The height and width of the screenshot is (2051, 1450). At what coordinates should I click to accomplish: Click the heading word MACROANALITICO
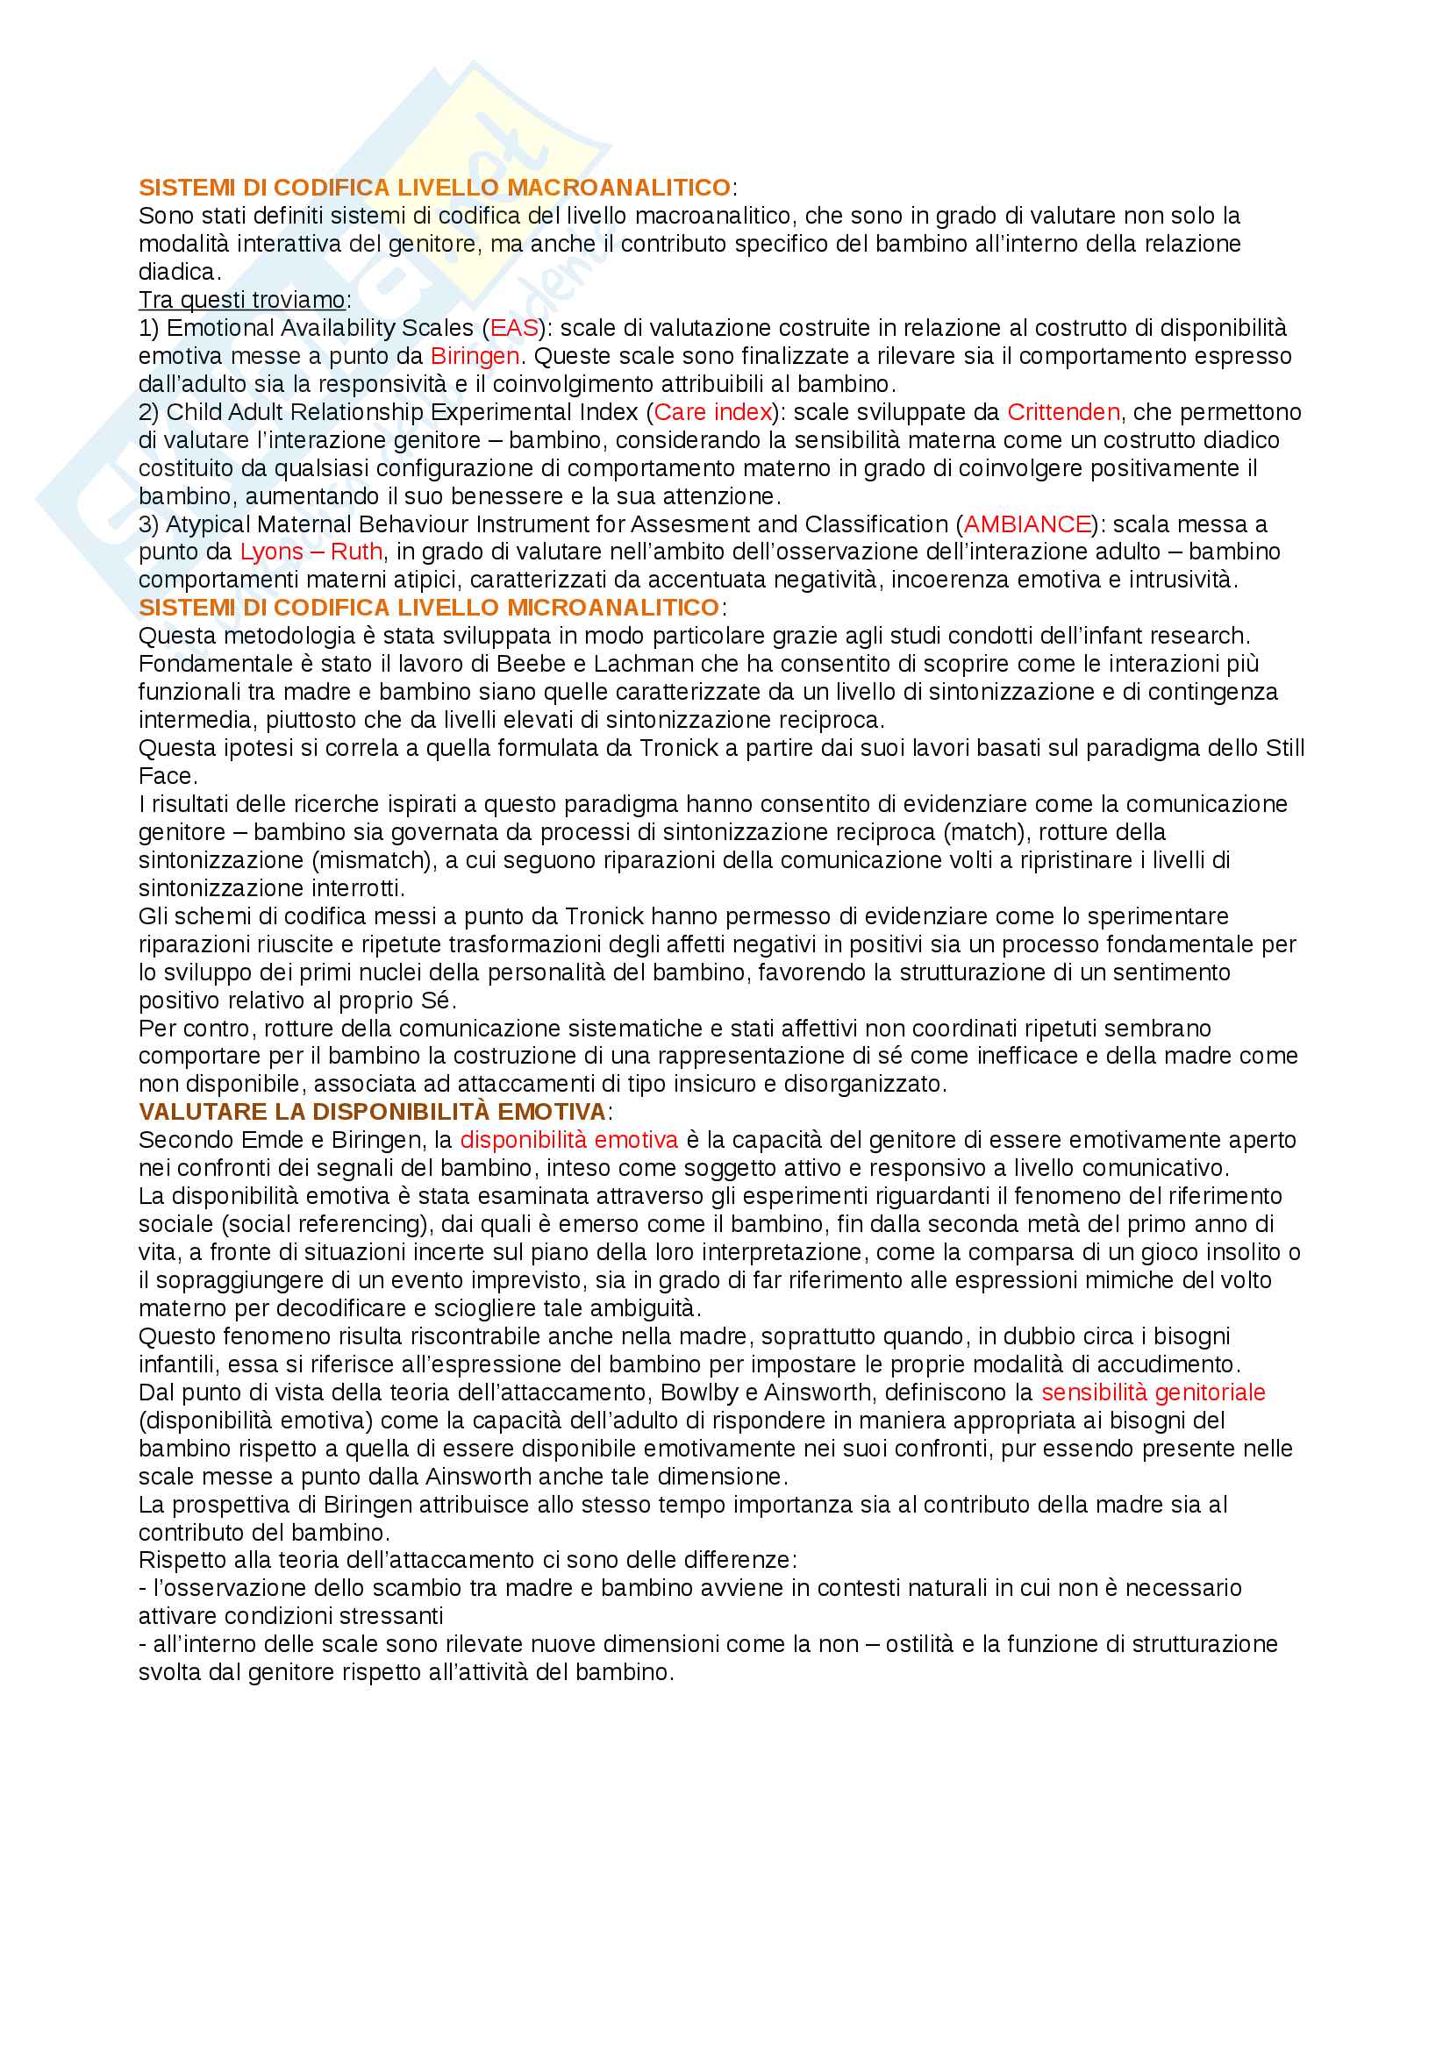pyautogui.click(x=619, y=188)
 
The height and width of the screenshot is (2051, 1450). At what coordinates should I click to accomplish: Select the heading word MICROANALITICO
pyautogui.click(x=613, y=608)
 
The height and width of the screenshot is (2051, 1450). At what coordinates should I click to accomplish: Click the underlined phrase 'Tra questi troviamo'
pyautogui.click(x=242, y=300)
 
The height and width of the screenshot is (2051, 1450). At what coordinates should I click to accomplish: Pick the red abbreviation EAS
pyautogui.click(x=515, y=328)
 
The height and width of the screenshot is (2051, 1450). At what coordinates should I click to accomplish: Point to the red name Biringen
pyautogui.click(x=475, y=355)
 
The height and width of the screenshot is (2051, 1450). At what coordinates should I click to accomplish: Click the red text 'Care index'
pyautogui.click(x=713, y=412)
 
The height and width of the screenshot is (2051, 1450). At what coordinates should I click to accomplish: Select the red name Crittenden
pyautogui.click(x=1063, y=412)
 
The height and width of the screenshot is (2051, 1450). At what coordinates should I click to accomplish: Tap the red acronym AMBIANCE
pyautogui.click(x=1027, y=523)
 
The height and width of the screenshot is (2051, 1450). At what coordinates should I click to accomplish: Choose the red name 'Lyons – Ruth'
pyautogui.click(x=311, y=552)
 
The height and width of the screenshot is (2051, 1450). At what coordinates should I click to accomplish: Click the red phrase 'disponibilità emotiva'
pyautogui.click(x=569, y=1140)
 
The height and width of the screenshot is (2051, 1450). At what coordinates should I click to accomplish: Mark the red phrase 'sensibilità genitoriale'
pyautogui.click(x=1154, y=1392)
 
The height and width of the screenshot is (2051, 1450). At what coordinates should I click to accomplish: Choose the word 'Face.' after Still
pyautogui.click(x=168, y=775)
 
